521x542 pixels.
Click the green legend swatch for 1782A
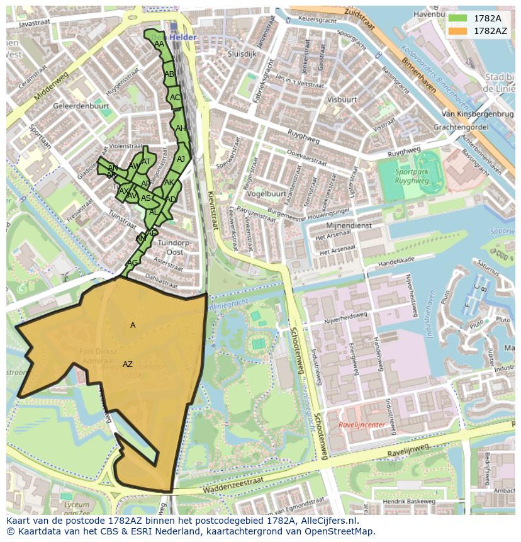(458, 18)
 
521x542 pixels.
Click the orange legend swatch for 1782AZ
(458, 30)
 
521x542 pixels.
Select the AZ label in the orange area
(128, 364)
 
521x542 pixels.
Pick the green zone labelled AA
(159, 44)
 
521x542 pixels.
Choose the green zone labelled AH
(181, 128)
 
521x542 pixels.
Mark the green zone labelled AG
(132, 263)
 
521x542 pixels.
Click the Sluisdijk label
(242, 54)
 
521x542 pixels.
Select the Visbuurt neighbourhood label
(342, 99)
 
